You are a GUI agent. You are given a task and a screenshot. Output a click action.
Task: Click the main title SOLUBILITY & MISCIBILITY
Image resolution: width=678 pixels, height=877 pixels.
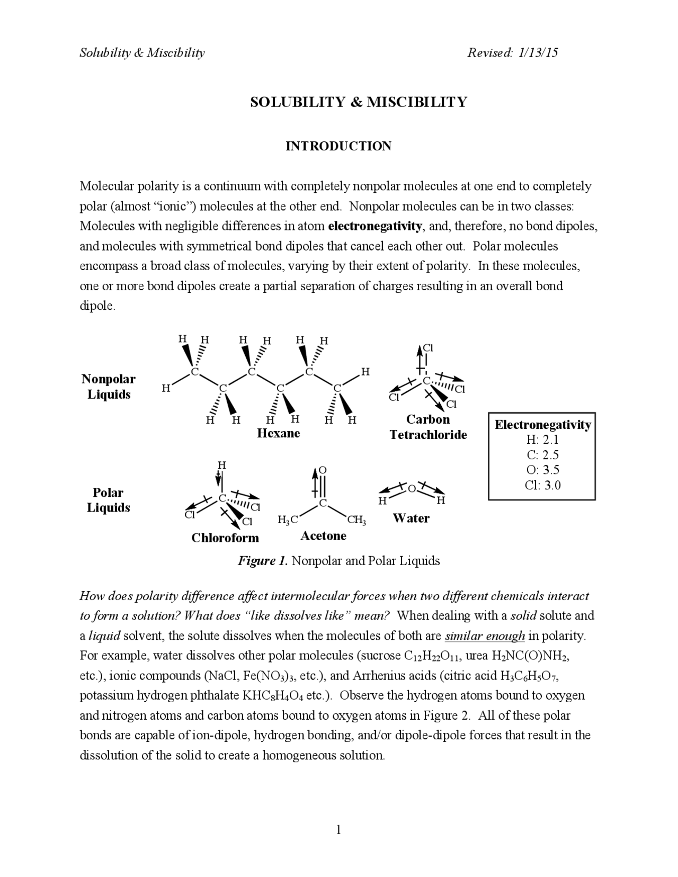coord(359,102)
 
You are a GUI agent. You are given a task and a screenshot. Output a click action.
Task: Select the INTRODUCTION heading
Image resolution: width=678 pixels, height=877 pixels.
coord(338,146)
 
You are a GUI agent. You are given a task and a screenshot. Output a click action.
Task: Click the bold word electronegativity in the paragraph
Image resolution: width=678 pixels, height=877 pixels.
coord(375,226)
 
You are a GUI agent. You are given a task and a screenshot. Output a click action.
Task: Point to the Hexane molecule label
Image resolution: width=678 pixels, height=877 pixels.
coord(278,433)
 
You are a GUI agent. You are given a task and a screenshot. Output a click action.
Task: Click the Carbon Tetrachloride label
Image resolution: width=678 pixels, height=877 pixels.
coord(428,427)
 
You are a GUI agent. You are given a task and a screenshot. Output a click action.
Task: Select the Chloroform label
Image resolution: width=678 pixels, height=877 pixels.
coord(225,538)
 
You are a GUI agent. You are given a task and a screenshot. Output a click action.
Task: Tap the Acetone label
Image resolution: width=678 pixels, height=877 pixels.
coord(323,535)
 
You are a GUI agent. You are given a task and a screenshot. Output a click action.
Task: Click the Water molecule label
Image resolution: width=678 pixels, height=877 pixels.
coord(411,518)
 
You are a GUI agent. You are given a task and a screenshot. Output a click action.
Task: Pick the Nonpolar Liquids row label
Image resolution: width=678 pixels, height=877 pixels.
coord(109,387)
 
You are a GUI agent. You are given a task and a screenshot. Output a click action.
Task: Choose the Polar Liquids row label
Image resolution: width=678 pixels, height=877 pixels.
coord(108,500)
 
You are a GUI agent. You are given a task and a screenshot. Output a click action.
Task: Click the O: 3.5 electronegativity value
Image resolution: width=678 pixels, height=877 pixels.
coord(542,470)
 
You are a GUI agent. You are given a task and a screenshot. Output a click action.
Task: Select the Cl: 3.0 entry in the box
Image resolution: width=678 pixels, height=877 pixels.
coord(542,485)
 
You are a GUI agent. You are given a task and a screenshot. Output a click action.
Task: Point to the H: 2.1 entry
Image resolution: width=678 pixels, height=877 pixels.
coord(542,440)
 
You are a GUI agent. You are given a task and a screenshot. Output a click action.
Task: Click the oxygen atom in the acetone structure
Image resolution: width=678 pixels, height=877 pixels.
coord(323,470)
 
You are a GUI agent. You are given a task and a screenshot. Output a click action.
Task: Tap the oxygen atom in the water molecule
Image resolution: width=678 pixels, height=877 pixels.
coord(412,489)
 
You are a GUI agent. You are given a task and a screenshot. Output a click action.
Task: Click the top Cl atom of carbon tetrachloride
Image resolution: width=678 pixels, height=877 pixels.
coord(429,348)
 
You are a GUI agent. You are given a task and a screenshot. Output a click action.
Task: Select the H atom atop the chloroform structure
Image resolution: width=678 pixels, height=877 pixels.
coord(222,465)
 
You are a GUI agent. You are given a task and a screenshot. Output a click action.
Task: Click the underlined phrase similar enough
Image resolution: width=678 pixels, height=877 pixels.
coord(485,636)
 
